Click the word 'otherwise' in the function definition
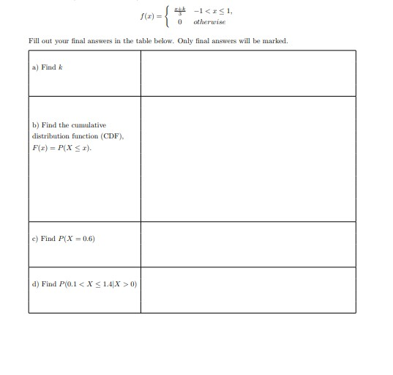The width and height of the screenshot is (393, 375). (210, 22)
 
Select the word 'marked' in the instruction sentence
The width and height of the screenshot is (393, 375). (275, 41)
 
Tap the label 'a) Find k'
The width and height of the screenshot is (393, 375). (44, 67)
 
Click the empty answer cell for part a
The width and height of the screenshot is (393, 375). (247, 73)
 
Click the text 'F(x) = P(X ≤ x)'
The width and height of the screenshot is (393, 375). (61, 148)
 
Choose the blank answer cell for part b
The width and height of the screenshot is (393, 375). (247, 159)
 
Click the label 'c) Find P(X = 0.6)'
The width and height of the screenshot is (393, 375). (63, 239)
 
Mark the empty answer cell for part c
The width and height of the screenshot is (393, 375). (247, 244)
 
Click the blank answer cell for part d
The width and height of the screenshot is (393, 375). (247, 289)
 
